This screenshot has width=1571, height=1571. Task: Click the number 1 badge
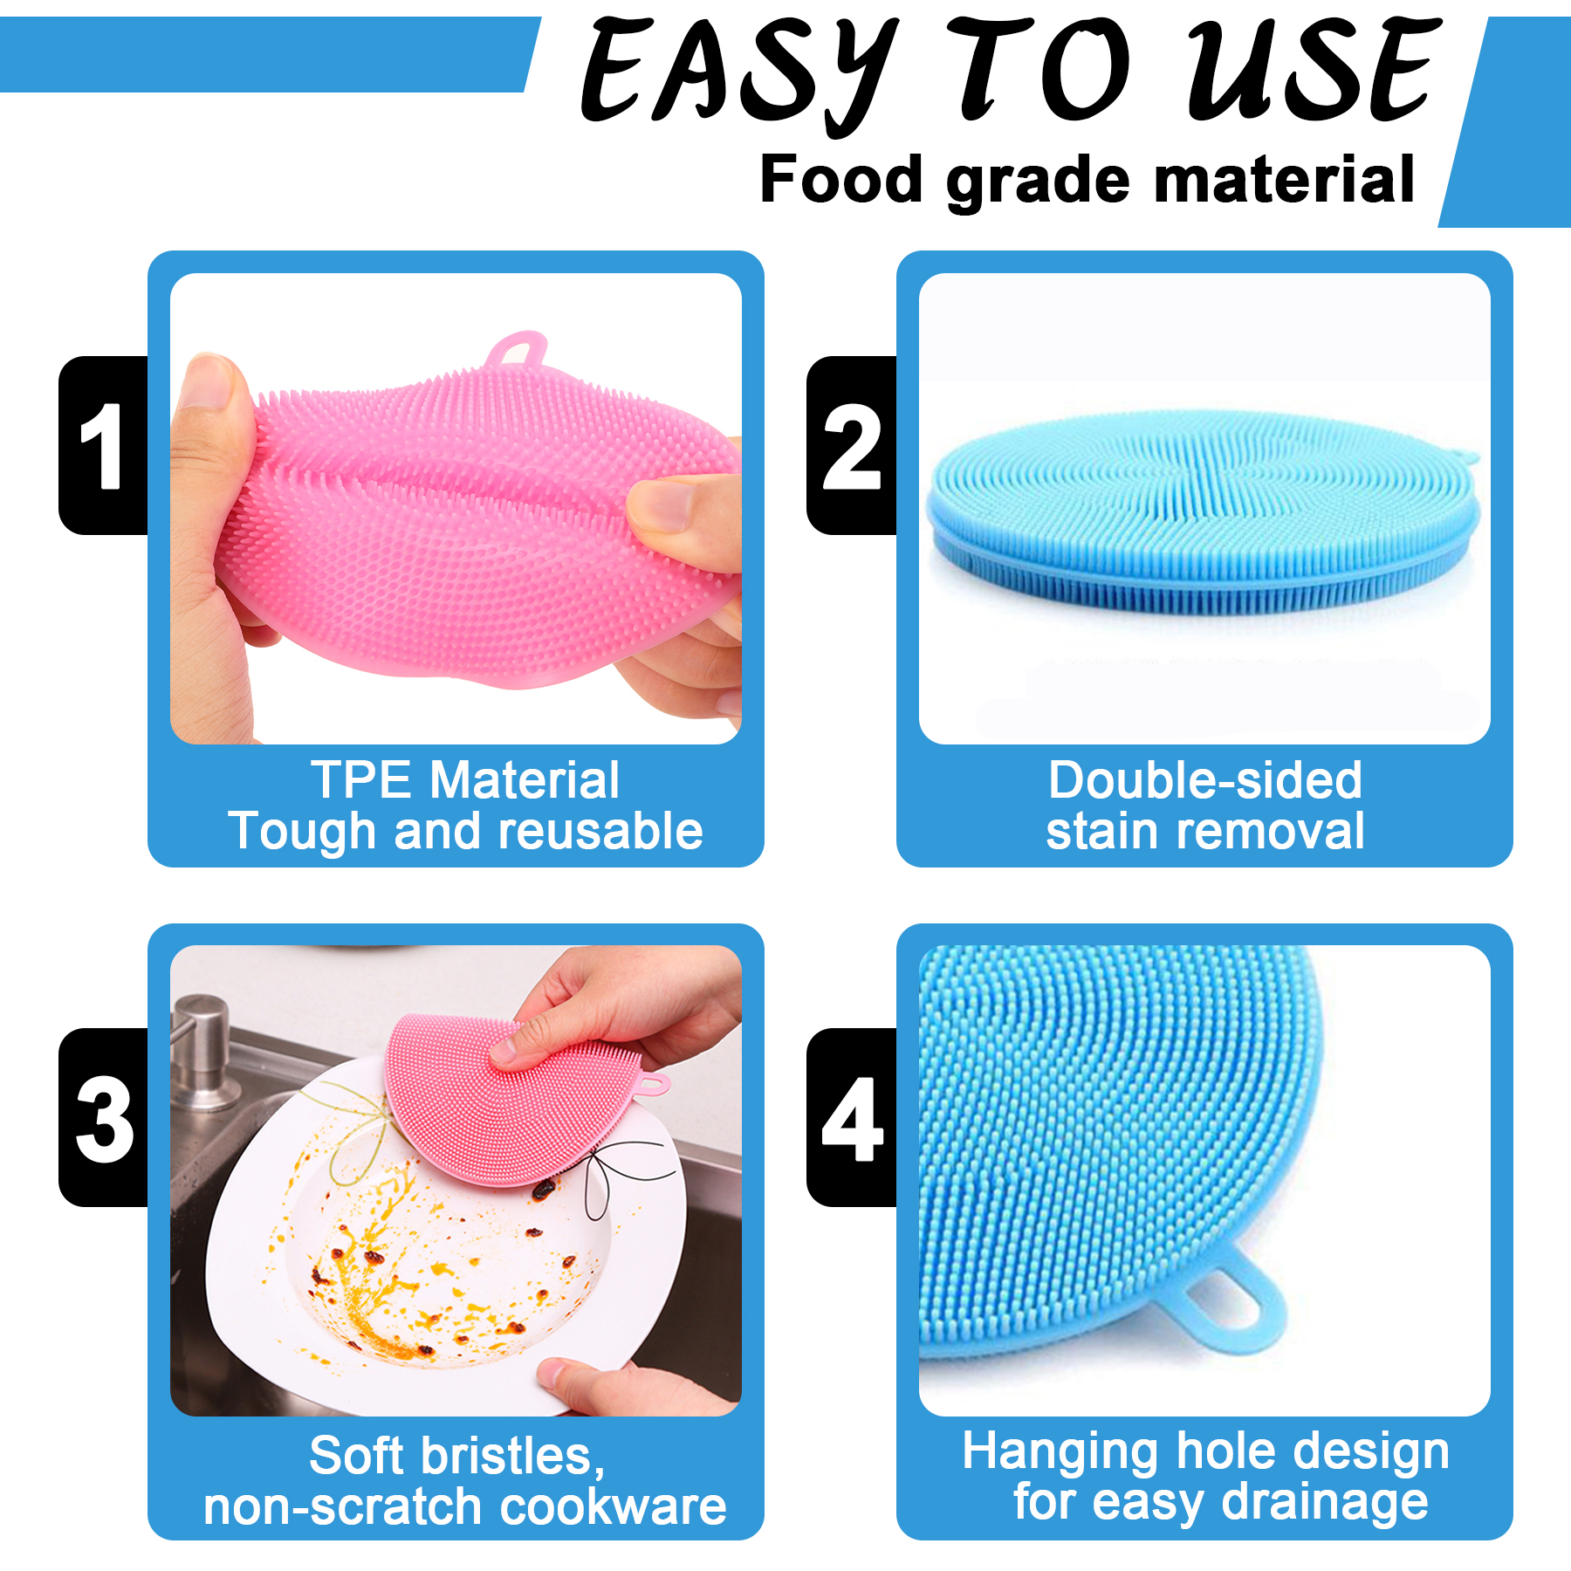103,445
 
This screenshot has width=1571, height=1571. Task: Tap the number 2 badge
852,445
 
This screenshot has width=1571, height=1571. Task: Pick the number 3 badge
103,1118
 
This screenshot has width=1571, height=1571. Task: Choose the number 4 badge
852,1118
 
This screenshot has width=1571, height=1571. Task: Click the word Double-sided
1204,779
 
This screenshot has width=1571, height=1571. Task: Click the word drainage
1325,1503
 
